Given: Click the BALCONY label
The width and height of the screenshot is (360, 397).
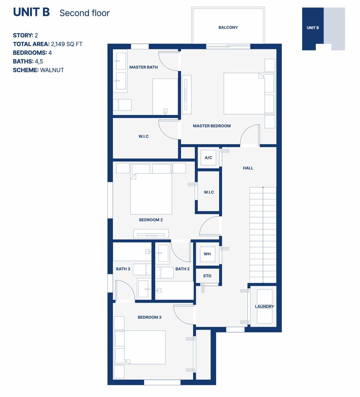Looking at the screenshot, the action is click(228, 28).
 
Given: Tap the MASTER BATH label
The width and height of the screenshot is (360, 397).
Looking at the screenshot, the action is click(143, 67).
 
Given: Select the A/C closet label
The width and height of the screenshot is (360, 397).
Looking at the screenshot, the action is click(208, 158).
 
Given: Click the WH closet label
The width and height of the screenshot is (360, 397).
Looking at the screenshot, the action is click(207, 254).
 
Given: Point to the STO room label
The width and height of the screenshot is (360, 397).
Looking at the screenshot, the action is click(207, 276).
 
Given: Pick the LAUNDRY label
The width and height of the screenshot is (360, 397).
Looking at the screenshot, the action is click(264, 307).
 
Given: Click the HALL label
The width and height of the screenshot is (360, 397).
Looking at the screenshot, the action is click(248, 168).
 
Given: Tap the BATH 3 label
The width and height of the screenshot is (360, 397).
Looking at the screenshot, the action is click(123, 269).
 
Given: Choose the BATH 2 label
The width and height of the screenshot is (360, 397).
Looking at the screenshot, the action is click(182, 269).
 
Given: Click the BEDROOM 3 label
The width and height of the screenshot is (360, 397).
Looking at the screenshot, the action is click(149, 317).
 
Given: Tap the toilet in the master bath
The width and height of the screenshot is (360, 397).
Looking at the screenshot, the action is click(122, 105).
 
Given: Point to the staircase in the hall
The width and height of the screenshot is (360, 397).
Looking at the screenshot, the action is click(263, 235).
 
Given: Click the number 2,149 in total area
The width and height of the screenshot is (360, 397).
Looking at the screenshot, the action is click(58, 44).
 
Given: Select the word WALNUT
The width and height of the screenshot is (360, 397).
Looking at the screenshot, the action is click(52, 70).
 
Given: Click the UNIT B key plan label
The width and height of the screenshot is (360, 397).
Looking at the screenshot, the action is click(313, 28).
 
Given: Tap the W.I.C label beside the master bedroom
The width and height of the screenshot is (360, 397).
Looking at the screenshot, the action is click(143, 136).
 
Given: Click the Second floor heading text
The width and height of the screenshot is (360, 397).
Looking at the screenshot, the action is click(84, 13).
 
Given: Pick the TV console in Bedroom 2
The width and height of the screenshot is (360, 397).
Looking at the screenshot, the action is click(151, 233).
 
